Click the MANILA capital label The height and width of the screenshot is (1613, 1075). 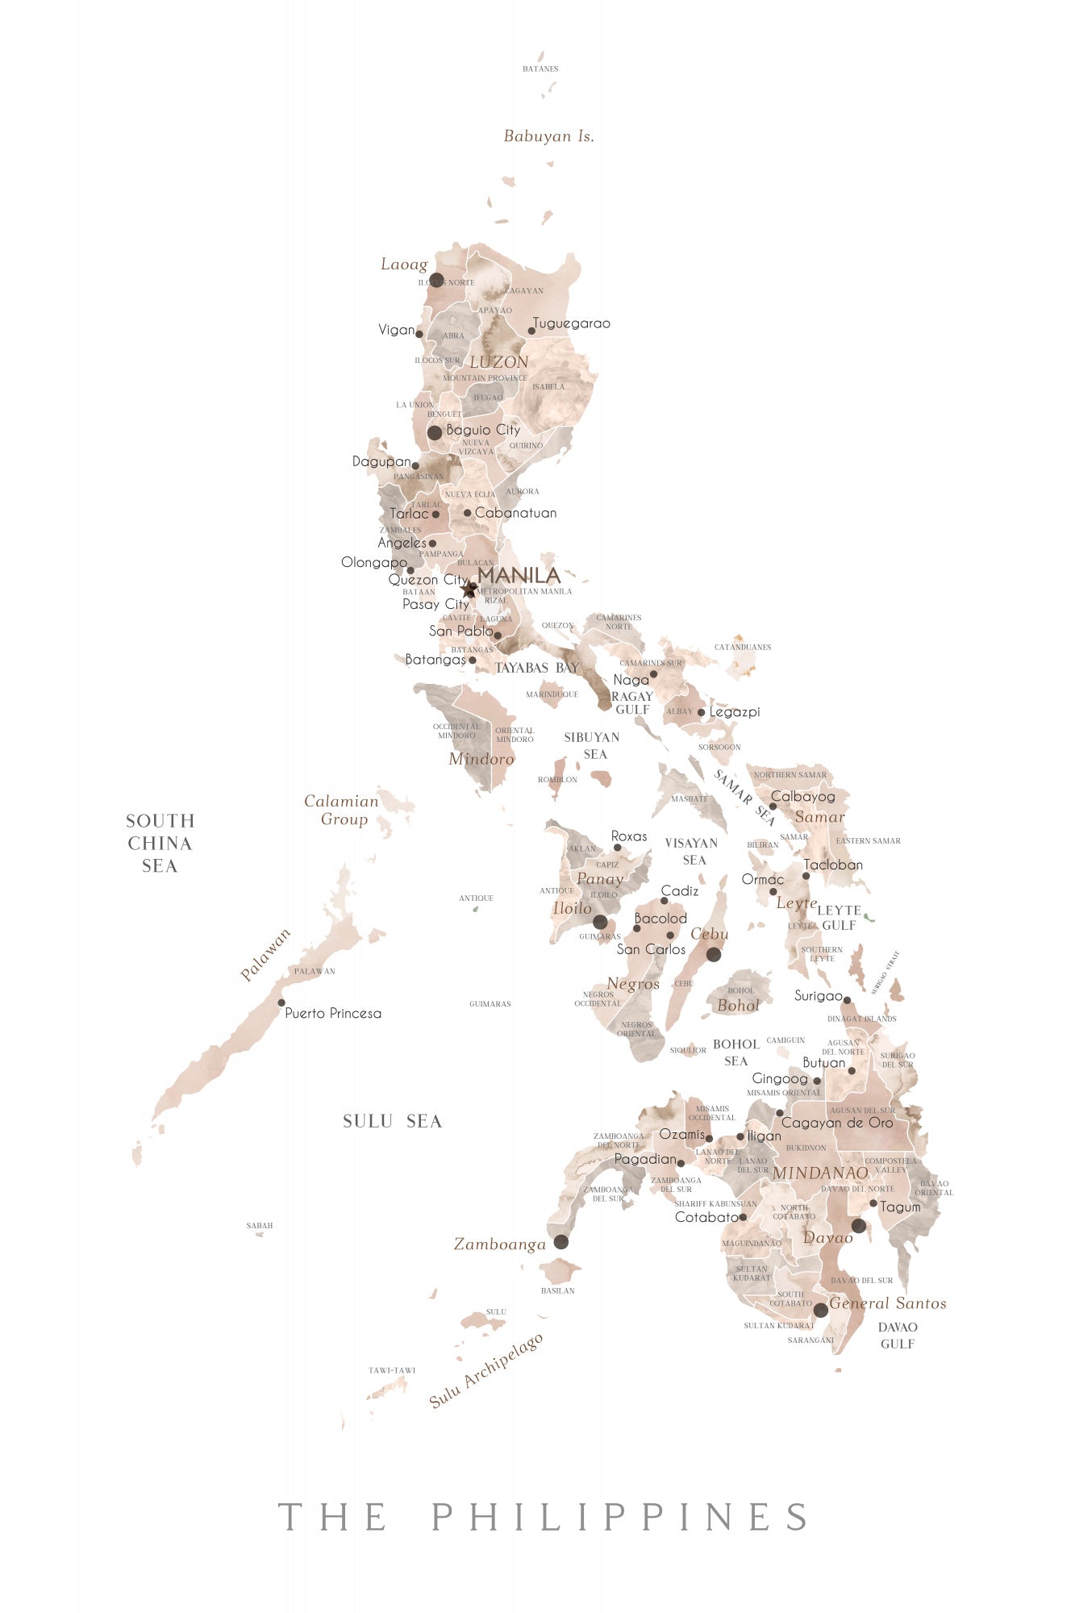point(519,575)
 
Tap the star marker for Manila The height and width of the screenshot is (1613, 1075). point(470,590)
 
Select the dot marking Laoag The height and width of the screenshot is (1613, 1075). point(436,280)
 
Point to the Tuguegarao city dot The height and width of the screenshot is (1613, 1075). point(531,331)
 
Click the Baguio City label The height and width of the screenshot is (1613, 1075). point(483,430)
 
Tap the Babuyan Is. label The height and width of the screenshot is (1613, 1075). point(548,136)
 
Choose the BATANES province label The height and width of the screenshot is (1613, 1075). point(540,69)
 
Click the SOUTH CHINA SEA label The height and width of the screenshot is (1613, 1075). point(160,843)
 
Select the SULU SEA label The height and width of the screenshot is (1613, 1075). point(392,1121)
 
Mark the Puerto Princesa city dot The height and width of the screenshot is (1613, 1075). point(281,1003)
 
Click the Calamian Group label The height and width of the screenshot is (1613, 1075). point(342,810)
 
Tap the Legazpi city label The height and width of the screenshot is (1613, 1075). point(734,712)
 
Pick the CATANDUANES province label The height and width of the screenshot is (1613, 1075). point(743,647)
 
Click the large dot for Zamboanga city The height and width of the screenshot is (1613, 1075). point(560,1242)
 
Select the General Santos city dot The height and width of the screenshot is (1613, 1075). point(820,1310)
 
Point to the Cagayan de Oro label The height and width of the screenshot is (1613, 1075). point(837,1123)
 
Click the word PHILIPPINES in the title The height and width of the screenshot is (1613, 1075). point(619,1517)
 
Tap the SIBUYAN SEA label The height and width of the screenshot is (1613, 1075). point(593,745)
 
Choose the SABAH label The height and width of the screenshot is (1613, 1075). point(260,1226)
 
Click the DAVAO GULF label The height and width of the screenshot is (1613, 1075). point(898,1335)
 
